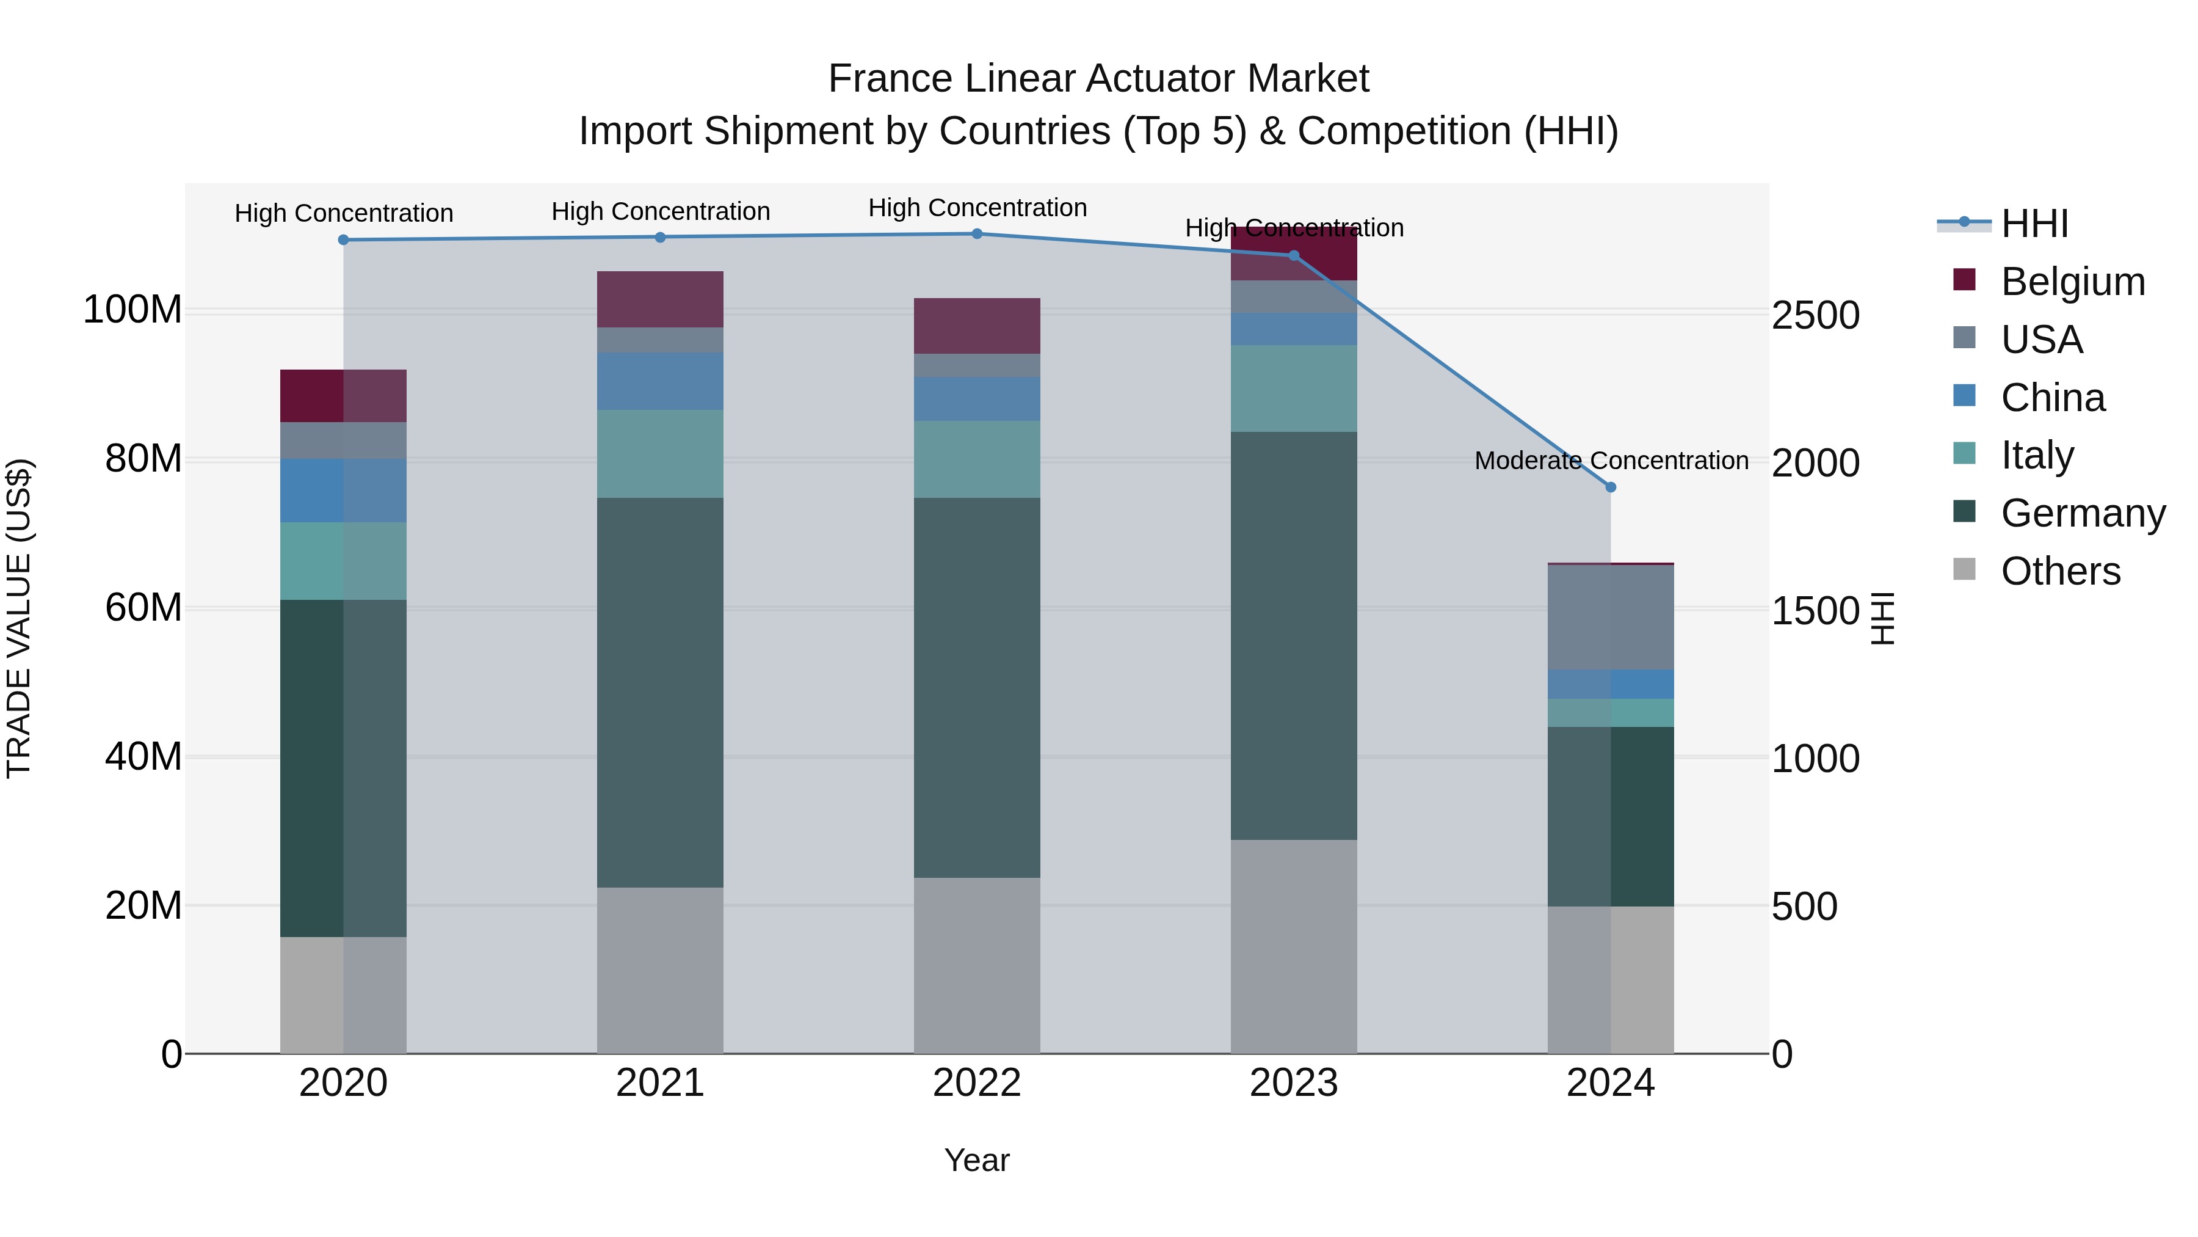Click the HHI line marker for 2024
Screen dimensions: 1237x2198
coord(1610,487)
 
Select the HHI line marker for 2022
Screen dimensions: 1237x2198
coord(977,234)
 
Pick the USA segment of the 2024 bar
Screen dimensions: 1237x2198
coord(1610,617)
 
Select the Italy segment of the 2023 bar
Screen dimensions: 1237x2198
coord(1294,389)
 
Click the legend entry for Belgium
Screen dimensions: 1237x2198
coord(2072,282)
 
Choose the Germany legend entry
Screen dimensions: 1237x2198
coord(2082,513)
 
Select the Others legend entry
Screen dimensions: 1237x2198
coord(2060,571)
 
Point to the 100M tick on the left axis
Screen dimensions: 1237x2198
coord(132,309)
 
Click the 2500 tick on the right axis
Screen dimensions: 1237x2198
coord(1815,315)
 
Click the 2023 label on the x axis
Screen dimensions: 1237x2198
coord(1294,1083)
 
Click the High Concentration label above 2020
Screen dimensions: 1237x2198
coord(344,213)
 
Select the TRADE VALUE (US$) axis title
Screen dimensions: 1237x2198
coord(19,618)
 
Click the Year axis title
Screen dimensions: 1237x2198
coord(977,1160)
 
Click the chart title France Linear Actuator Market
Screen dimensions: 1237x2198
coord(1098,79)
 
